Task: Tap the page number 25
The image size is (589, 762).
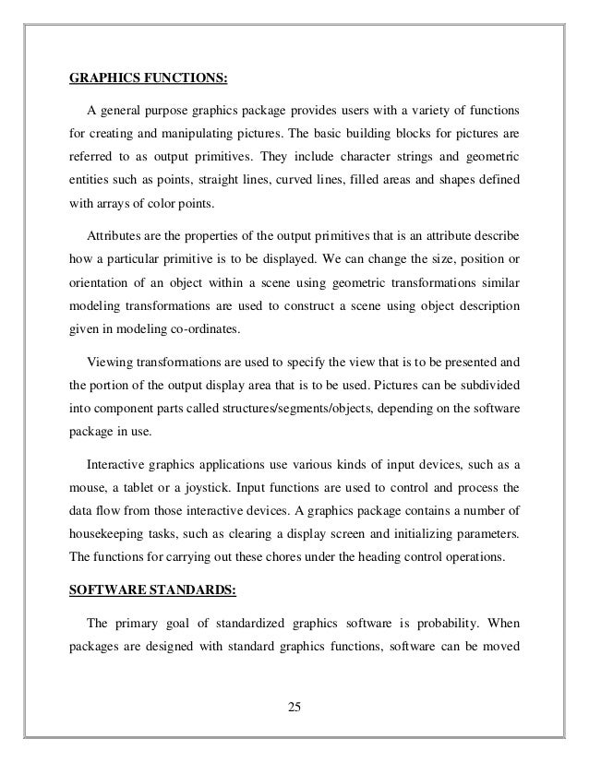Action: coord(294,708)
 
